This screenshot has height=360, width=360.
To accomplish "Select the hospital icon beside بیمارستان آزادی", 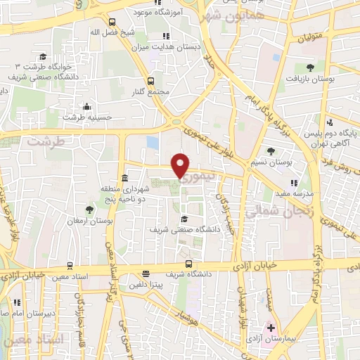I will coord(271,328).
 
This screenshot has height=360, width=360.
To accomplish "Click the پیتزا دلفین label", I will coord(146,285).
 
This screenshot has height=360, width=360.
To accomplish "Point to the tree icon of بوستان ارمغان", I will coord(89,209).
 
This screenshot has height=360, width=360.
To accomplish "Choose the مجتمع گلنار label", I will coord(151,92).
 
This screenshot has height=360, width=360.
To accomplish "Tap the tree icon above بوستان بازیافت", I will coord(310,67).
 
